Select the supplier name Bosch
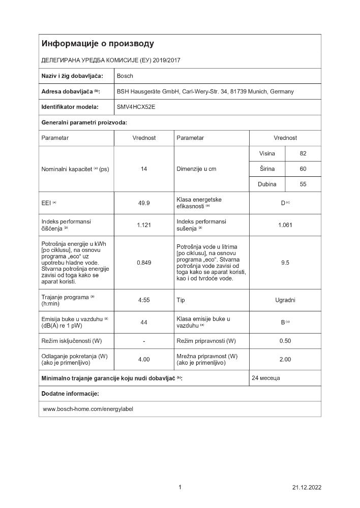pyautogui.click(x=125, y=76)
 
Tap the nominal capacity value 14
pyautogui.click(x=144, y=169)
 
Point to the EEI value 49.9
pyautogui.click(x=144, y=203)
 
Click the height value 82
pyautogui.click(x=303, y=153)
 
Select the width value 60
pyautogui.click(x=303, y=169)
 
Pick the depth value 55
pyautogui.click(x=303, y=184)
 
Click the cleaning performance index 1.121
pyautogui.click(x=144, y=225)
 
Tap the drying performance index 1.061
pyautogui.click(x=285, y=225)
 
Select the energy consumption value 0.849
pyautogui.click(x=144, y=263)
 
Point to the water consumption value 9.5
pyautogui.click(x=285, y=263)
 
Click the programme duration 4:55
pyautogui.click(x=144, y=300)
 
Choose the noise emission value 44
pyautogui.click(x=144, y=322)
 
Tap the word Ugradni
pyautogui.click(x=285, y=300)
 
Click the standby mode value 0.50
pyautogui.click(x=285, y=340)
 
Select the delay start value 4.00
pyautogui.click(x=144, y=360)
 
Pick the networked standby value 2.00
pyautogui.click(x=285, y=360)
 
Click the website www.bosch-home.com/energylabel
pyautogui.click(x=87, y=408)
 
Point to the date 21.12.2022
pyautogui.click(x=307, y=488)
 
